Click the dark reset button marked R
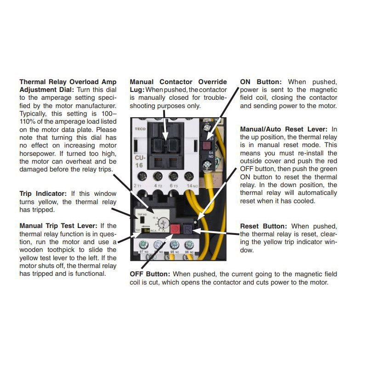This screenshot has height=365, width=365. click(188, 229)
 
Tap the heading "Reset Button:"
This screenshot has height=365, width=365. click(263, 226)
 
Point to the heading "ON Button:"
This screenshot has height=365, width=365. click(260, 81)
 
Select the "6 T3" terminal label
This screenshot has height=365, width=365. click(173, 186)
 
